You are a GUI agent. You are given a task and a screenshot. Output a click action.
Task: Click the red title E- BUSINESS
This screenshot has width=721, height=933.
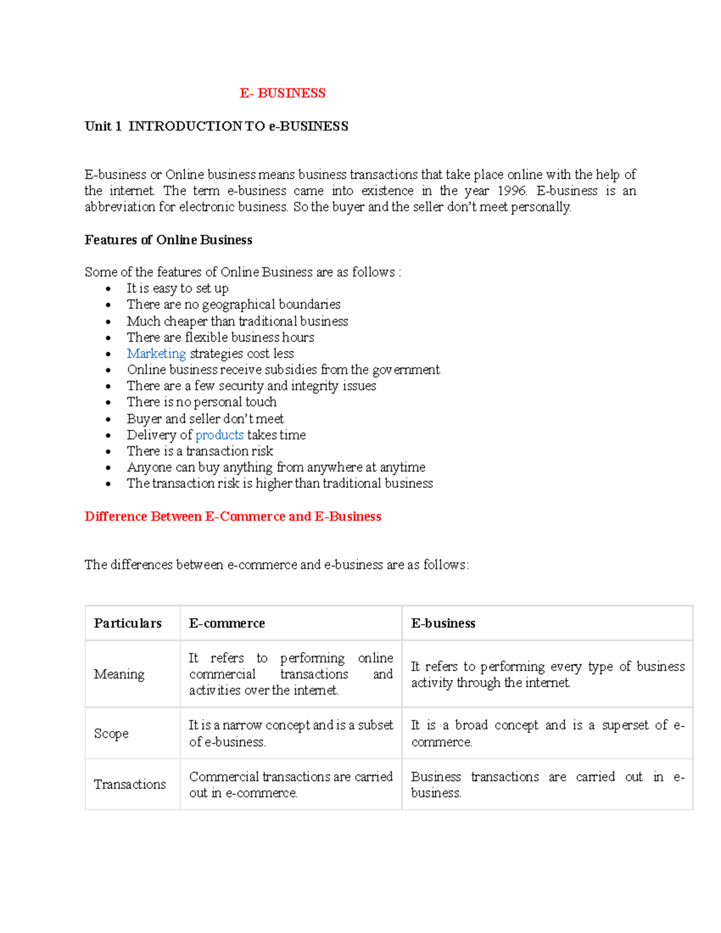point(282,93)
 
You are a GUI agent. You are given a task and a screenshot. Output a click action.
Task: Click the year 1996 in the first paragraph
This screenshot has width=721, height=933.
point(512,191)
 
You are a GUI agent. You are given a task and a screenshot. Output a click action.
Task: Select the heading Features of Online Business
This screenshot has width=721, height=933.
point(168,240)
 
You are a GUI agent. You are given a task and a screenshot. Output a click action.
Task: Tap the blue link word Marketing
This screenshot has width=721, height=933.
point(156,354)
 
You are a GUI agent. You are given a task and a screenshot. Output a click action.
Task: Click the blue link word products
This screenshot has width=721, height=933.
point(219,435)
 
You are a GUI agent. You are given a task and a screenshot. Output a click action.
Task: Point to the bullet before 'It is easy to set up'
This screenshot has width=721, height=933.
point(108,289)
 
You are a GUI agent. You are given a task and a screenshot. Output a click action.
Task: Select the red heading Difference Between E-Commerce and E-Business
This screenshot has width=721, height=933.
point(233,517)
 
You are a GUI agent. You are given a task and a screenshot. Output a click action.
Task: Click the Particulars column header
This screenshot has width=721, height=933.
point(127,624)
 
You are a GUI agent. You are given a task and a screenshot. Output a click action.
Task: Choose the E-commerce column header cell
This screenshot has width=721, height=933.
point(227,624)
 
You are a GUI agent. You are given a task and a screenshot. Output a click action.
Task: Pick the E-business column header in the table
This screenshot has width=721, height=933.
point(443,624)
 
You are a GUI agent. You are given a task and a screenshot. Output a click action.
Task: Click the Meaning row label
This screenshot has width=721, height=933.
point(119,675)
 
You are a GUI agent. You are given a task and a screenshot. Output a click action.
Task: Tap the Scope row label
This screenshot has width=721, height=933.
point(111,734)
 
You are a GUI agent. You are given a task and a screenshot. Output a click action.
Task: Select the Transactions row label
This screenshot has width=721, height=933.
point(130,785)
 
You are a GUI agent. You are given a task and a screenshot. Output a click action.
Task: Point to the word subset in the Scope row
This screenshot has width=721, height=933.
point(376,726)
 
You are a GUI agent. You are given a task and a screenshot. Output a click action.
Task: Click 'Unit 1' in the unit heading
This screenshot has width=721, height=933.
point(103,126)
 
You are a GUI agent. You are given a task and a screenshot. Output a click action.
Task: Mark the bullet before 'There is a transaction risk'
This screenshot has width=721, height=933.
point(108,452)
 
